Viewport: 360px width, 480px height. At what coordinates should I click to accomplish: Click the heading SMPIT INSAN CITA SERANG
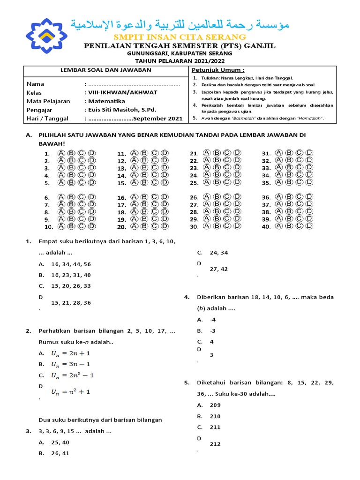(x=180, y=37)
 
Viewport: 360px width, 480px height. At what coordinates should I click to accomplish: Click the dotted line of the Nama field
(x=134, y=84)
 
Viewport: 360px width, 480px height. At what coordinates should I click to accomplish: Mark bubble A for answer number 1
(x=61, y=153)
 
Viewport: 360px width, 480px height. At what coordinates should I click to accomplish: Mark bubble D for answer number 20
(x=165, y=226)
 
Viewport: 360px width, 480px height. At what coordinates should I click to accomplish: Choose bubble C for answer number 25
(x=228, y=182)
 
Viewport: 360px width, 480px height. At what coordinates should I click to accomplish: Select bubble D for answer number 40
(x=309, y=226)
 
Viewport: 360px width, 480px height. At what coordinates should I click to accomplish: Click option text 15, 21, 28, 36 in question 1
(x=71, y=303)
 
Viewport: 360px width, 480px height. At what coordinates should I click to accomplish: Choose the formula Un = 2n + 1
(x=70, y=353)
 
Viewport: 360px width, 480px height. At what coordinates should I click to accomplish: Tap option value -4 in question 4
(x=213, y=320)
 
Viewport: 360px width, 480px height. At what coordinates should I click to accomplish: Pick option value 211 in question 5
(x=215, y=427)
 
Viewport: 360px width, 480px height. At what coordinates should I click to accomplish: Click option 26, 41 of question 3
(x=60, y=453)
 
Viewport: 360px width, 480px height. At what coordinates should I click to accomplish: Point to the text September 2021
(x=157, y=119)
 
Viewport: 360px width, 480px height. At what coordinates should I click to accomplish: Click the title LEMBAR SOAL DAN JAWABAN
(x=106, y=70)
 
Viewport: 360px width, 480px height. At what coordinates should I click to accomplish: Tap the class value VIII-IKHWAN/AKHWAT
(x=122, y=92)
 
